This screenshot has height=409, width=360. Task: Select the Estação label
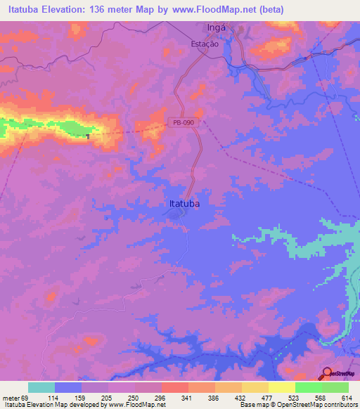pos(205,44)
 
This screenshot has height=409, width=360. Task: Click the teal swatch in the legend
pos(41,387)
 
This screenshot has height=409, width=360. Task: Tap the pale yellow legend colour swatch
pos(281,387)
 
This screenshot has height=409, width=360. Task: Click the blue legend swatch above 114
pos(68,387)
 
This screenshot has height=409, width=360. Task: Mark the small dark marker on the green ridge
pos(88,136)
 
